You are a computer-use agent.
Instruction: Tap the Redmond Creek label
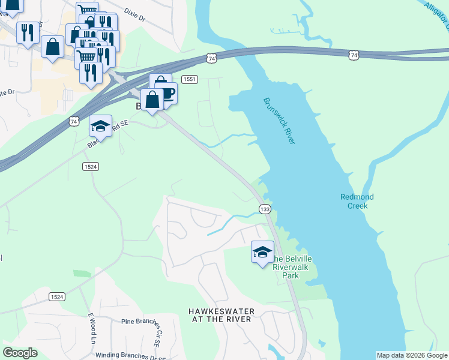(357, 201)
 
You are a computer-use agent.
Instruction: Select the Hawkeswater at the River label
(221, 315)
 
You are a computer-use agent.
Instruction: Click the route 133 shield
(265, 208)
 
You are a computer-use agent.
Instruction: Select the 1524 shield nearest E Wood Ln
(56, 297)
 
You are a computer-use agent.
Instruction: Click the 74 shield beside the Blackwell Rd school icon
(74, 121)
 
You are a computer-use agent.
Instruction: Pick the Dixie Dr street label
(135, 14)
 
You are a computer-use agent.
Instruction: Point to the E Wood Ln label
(92, 328)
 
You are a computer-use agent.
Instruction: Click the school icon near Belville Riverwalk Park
(262, 252)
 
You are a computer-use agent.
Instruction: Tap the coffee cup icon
(166, 94)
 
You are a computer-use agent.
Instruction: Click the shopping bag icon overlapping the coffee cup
(152, 99)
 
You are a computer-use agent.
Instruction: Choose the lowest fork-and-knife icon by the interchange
(90, 73)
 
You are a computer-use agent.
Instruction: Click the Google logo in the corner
(20, 353)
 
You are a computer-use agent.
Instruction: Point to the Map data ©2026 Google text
(412, 355)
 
